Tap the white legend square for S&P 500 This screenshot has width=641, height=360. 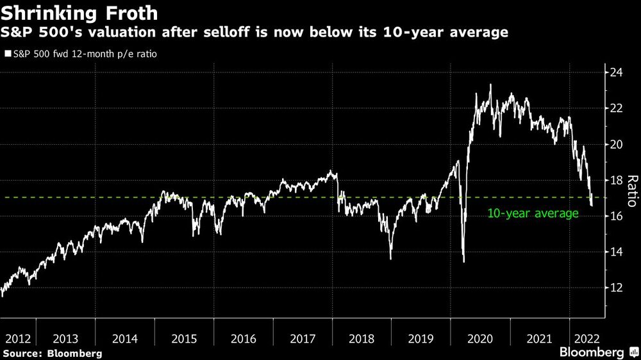[7, 54]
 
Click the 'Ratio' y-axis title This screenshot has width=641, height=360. [631, 191]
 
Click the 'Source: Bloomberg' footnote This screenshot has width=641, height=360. [52, 353]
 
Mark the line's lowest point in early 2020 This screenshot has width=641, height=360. [463, 261]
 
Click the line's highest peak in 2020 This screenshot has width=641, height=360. [490, 85]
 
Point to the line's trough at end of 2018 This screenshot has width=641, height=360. [390, 258]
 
